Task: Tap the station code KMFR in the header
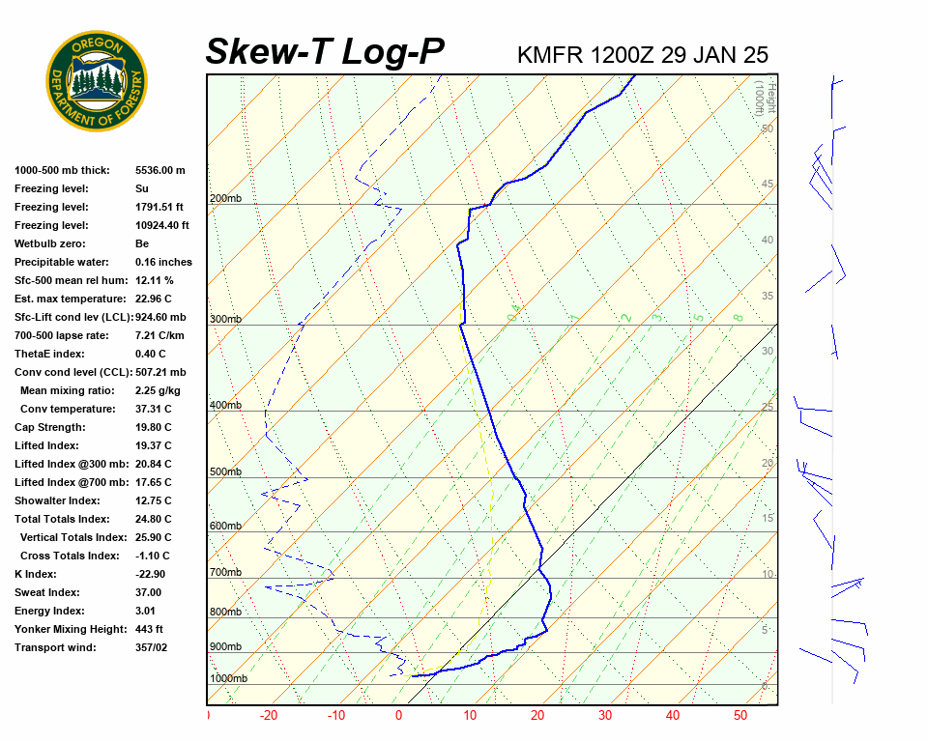(550, 55)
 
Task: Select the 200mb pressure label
(225, 199)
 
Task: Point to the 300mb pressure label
(225, 319)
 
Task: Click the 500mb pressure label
(225, 472)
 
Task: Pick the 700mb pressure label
(225, 573)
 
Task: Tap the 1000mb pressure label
(228, 679)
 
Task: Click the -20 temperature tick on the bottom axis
(269, 716)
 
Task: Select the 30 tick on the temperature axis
(605, 716)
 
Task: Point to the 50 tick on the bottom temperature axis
(740, 716)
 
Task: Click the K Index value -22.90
(152, 574)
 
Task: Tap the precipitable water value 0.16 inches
(163, 262)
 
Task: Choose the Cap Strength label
(50, 427)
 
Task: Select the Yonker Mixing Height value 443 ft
(151, 629)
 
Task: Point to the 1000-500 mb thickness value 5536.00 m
(159, 170)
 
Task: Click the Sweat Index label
(47, 592)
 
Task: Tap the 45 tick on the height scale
(768, 185)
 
